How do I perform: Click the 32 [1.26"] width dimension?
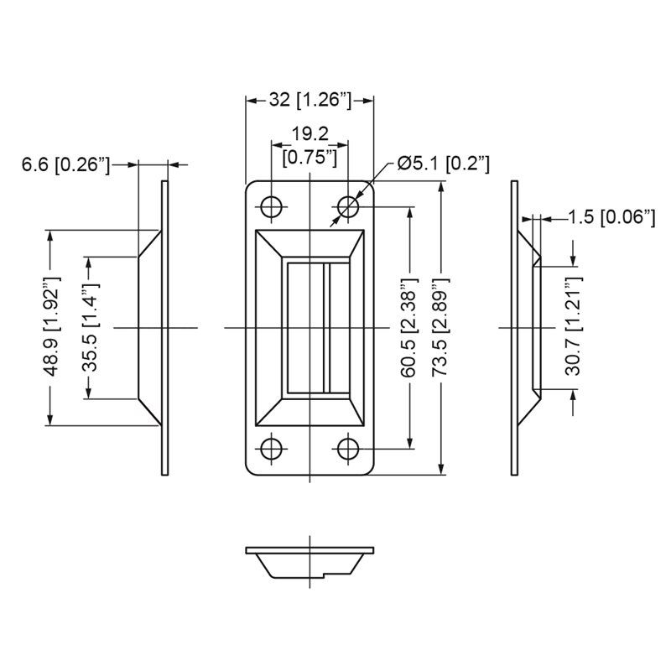point(309,100)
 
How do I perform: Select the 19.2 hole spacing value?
point(309,134)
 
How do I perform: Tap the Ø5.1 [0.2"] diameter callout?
point(444,164)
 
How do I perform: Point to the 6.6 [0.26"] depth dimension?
point(66,164)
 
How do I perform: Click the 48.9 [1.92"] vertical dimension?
point(52,327)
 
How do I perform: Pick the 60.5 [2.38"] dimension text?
point(408,327)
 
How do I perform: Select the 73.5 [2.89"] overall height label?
point(441,327)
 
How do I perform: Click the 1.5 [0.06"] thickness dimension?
point(612,217)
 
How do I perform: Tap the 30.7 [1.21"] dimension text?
point(574,326)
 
